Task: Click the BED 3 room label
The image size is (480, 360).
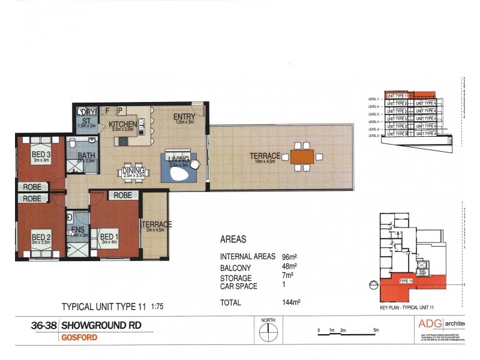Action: (41, 154)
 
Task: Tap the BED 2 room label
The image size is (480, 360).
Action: (40, 237)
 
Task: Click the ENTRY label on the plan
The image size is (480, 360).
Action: (182, 116)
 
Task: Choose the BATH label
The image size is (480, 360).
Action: (86, 155)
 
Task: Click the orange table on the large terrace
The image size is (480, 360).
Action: (301, 157)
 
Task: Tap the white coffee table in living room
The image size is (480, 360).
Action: (180, 175)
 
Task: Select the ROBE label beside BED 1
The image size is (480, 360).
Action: (123, 195)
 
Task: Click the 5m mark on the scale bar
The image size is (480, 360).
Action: (376, 331)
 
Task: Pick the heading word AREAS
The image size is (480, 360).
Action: (234, 239)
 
